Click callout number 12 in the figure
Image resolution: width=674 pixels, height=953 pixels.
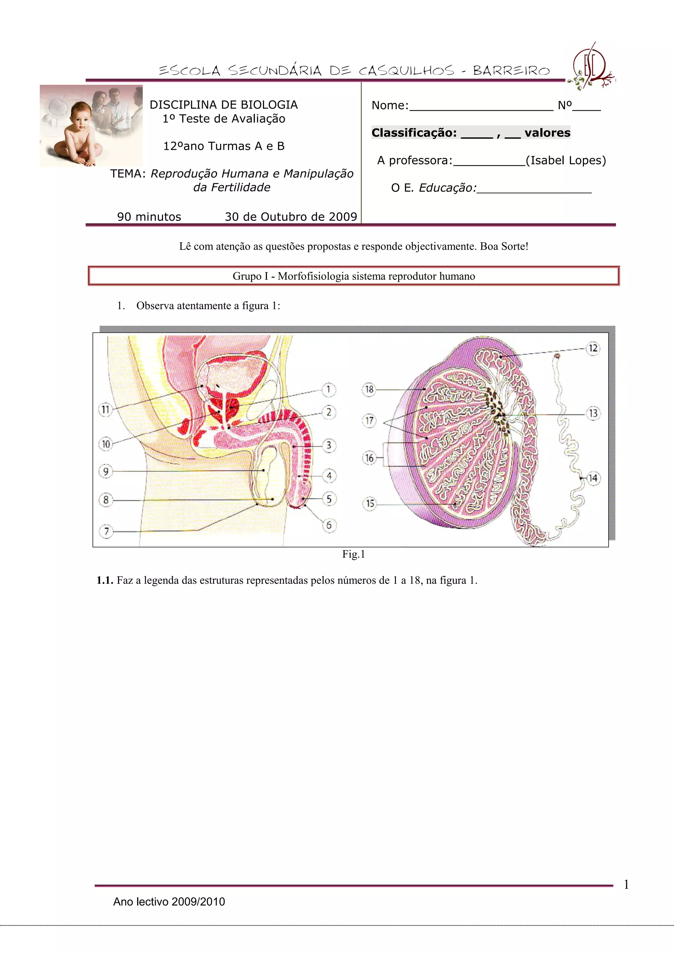coord(593,348)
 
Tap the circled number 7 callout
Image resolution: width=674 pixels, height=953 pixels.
coord(106,531)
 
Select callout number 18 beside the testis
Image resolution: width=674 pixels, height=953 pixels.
coord(369,389)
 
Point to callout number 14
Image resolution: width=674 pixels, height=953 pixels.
coord(593,478)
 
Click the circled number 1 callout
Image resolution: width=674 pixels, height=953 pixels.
coord(328,389)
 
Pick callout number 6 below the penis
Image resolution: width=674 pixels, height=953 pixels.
coord(329,525)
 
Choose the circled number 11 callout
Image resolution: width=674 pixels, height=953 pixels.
coord(106,410)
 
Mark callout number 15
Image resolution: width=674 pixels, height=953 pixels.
coord(370,504)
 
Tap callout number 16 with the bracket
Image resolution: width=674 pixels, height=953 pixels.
coord(369,458)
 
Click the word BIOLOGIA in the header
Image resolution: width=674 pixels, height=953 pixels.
coord(274,105)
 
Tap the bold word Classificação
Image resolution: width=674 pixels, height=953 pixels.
coord(414,133)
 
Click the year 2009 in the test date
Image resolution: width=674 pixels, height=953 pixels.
coord(343,217)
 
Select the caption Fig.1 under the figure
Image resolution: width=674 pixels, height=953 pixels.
coord(353,554)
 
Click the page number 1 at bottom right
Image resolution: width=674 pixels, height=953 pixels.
coord(626,885)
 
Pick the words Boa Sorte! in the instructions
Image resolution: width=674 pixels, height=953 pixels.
coord(504,247)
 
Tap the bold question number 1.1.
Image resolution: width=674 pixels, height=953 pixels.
coord(105,580)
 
